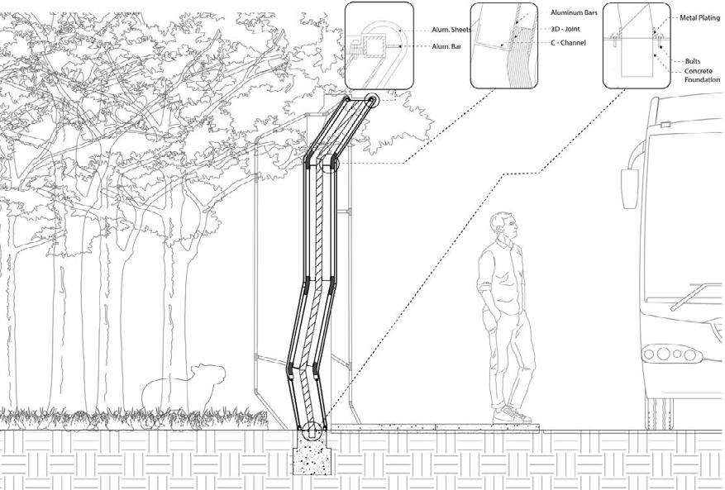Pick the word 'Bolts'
tap(693, 61)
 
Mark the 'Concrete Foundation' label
tap(704, 76)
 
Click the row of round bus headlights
tap(670, 354)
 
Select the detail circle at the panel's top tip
tap(371, 101)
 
